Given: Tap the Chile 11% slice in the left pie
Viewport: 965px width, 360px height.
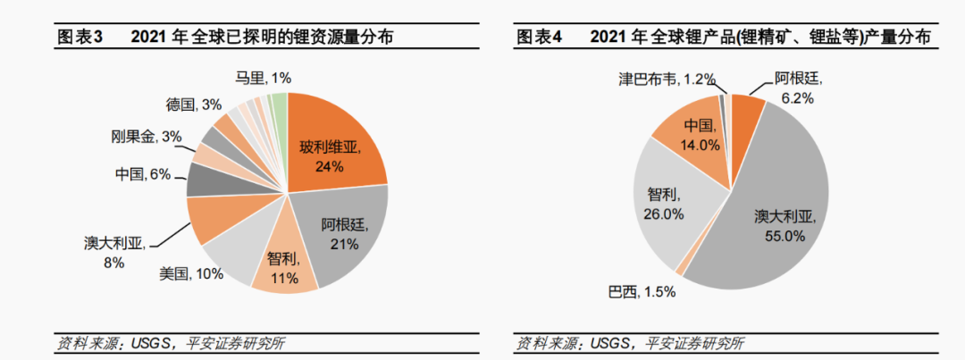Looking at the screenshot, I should [284, 268].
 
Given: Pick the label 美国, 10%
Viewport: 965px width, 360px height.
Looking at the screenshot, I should [191, 274].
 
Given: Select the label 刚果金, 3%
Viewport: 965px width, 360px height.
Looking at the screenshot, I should [147, 136].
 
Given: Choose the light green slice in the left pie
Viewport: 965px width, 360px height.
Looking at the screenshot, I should [280, 104].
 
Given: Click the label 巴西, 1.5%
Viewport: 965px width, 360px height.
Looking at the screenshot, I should [641, 291].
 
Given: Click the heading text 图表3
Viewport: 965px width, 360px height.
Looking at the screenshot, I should [81, 37].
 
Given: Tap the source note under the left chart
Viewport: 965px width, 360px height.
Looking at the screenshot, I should [171, 343].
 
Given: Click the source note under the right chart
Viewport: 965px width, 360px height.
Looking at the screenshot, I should [629, 343].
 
